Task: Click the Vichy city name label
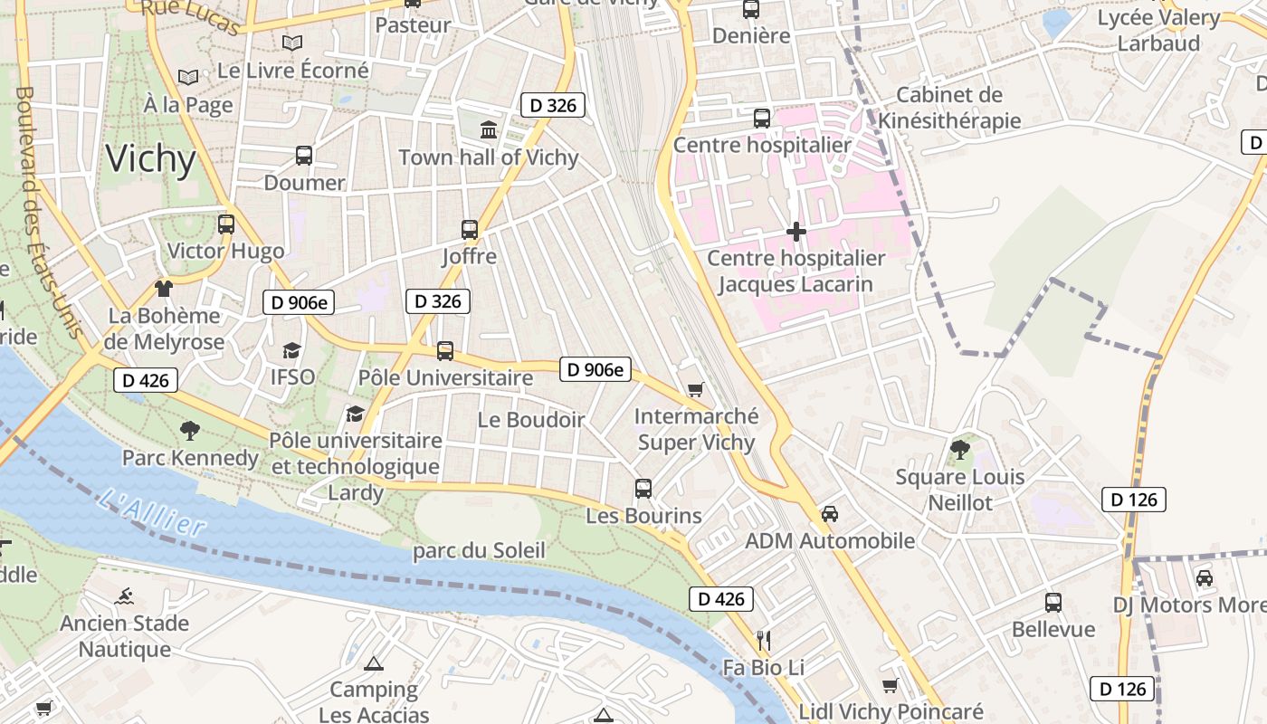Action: (x=150, y=159)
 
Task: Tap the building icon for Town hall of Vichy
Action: (x=489, y=129)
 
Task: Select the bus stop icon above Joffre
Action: (x=469, y=229)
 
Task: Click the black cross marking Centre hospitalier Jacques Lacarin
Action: (x=796, y=232)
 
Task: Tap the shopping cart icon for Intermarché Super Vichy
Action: (x=695, y=389)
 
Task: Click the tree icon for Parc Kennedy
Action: (x=189, y=430)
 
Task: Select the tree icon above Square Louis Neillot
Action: (x=959, y=449)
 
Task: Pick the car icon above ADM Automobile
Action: (x=829, y=513)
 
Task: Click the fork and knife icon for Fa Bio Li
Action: (x=764, y=641)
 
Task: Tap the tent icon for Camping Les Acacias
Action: (x=373, y=663)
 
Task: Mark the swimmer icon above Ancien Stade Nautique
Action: (x=124, y=595)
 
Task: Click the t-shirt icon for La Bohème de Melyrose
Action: (x=163, y=289)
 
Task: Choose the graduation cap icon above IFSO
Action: (x=291, y=350)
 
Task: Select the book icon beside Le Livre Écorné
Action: (x=291, y=43)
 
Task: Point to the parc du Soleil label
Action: (x=479, y=550)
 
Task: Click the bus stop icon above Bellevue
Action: (x=1053, y=602)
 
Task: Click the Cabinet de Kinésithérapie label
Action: (x=949, y=108)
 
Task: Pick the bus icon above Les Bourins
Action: (x=643, y=488)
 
